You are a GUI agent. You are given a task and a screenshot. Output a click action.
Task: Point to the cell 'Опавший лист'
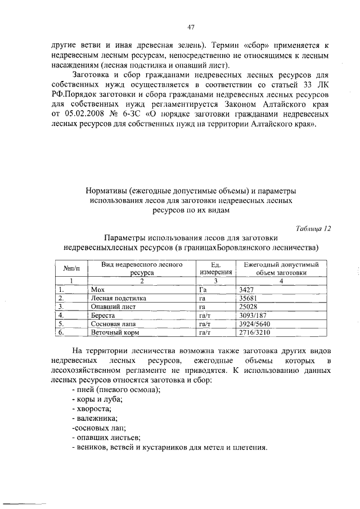point(109,307)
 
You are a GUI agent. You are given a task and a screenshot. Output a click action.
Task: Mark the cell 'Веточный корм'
point(111,333)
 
